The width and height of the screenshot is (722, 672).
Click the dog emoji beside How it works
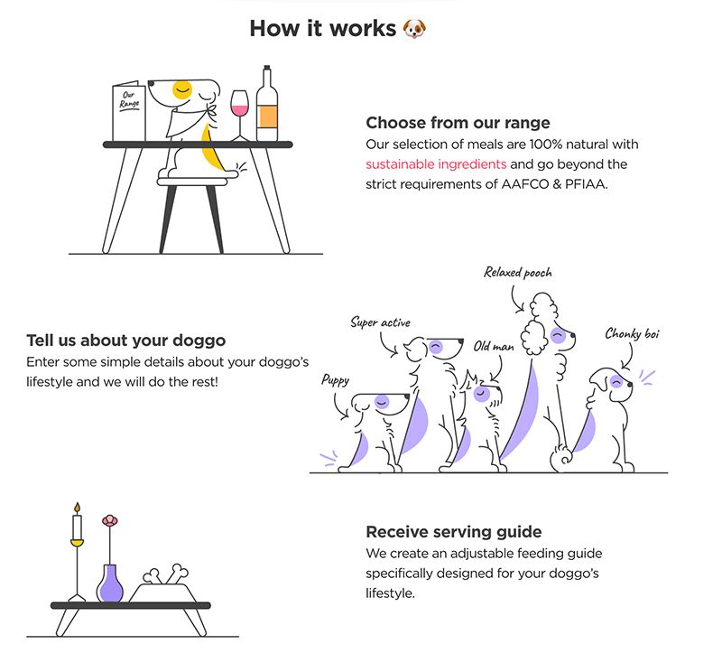(x=414, y=28)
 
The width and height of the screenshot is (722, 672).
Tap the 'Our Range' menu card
(x=128, y=113)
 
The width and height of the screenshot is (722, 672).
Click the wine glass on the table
(x=239, y=111)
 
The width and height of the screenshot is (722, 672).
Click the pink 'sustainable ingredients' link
(x=436, y=164)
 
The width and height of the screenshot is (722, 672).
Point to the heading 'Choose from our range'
(x=458, y=123)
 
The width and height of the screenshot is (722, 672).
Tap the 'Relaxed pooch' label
(x=517, y=272)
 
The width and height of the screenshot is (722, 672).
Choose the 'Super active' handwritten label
(x=380, y=322)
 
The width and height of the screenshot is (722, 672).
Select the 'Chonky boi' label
(x=632, y=334)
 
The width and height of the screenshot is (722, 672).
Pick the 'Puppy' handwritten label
(x=335, y=380)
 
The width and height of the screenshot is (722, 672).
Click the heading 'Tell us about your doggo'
(x=126, y=341)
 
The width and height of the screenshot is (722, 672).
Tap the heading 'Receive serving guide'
(x=454, y=531)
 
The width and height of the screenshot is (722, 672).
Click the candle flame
(x=78, y=508)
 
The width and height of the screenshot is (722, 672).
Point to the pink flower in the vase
(x=110, y=521)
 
